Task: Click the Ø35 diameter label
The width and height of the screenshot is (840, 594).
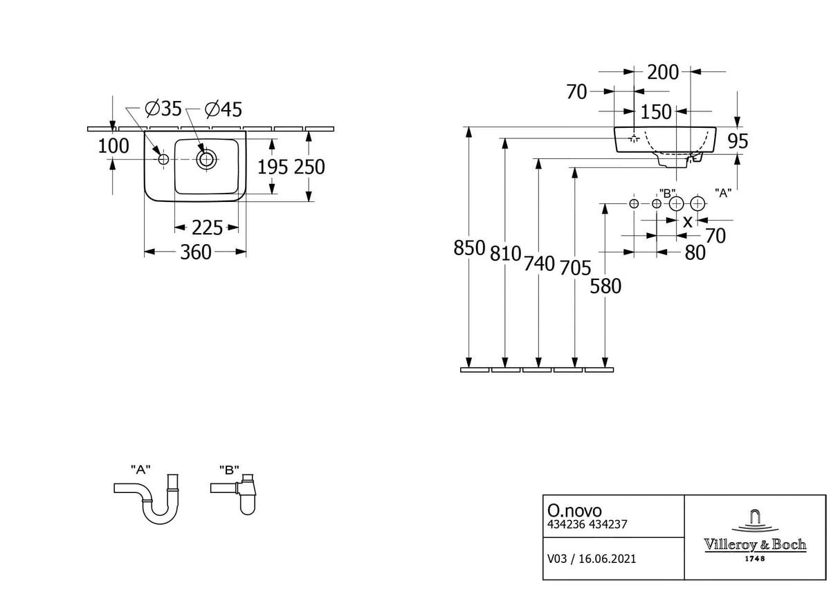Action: [163, 109]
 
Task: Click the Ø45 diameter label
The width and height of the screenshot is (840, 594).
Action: [224, 109]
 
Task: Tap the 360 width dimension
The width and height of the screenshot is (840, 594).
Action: [196, 253]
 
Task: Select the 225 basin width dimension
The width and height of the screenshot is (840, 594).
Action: [207, 227]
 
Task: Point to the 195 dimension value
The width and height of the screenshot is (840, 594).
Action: [273, 167]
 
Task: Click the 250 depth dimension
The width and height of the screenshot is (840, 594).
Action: [309, 167]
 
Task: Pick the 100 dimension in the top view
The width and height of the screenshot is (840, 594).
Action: [114, 146]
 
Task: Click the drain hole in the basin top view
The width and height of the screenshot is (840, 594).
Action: [206, 159]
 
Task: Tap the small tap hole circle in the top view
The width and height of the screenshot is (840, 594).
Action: [164, 159]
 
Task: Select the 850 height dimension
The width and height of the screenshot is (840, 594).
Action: [470, 248]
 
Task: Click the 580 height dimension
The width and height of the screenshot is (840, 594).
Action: [606, 286]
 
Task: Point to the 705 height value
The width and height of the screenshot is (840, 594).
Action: [573, 267]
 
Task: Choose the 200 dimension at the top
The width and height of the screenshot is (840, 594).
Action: [663, 71]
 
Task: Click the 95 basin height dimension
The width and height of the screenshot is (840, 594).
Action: [738, 141]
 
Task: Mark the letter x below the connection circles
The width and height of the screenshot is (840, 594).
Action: [687, 221]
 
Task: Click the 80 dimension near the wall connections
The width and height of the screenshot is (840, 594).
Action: [695, 253]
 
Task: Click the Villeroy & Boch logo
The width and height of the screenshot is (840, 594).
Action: [755, 537]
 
